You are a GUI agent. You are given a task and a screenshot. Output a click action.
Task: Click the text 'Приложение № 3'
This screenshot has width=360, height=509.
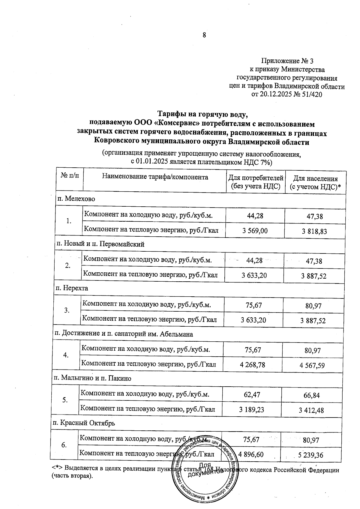[287, 61]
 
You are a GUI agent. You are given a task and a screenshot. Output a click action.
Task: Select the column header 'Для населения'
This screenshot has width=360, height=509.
[315, 179]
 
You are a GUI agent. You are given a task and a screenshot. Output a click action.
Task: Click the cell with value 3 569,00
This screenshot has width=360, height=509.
[255, 230]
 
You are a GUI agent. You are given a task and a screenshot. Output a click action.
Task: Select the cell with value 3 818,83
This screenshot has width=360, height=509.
[314, 231]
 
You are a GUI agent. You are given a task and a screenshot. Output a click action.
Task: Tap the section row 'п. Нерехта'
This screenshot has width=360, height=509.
[72, 289]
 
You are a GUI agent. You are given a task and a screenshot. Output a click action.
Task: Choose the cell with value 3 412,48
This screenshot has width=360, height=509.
[311, 410]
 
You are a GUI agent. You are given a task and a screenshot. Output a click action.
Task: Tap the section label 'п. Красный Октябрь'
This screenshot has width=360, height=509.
[84, 423]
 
